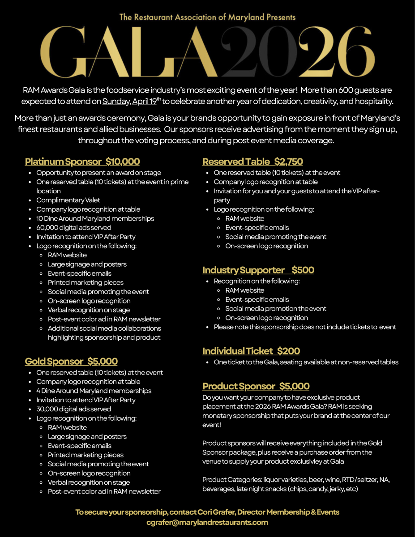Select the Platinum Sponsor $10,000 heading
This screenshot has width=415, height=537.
pos(82,162)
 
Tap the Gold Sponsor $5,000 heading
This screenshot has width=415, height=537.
pos(71,361)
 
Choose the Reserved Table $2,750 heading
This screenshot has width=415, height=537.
pos(252,162)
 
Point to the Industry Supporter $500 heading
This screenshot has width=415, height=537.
pos(258,270)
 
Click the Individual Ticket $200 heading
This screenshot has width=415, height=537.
pos(251,351)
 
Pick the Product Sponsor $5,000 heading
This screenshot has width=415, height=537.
pos(256,386)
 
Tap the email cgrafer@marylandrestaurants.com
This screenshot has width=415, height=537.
pos(207,522)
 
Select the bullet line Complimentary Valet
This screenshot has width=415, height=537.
pos(68,200)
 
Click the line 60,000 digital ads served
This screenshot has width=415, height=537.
pos(74,227)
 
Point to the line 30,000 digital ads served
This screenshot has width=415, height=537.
pos(73,409)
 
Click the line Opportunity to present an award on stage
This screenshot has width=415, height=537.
pos(98,173)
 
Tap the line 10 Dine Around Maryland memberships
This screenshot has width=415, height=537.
pos(95,218)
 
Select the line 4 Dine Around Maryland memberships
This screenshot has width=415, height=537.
pos(94,391)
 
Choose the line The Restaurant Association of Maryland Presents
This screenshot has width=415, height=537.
pos(207,17)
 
